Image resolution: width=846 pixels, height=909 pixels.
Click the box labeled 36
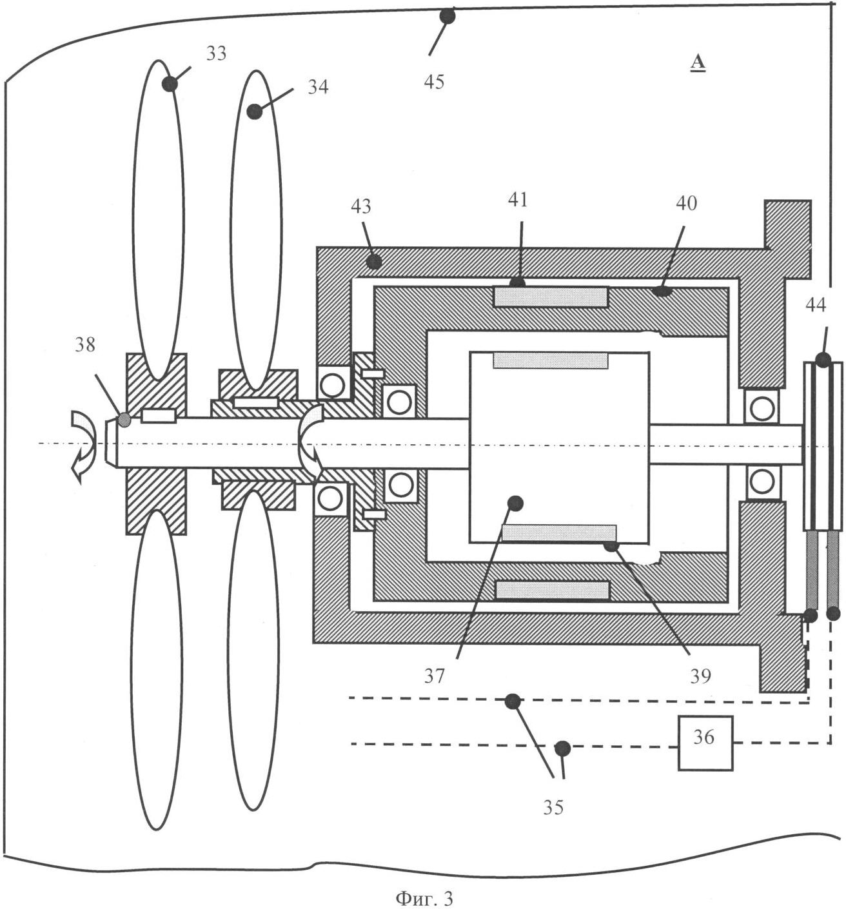click(705, 743)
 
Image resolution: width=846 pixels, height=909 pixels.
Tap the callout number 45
click(434, 82)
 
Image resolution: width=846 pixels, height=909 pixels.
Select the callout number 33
click(216, 54)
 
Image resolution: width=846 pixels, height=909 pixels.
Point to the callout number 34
click(317, 86)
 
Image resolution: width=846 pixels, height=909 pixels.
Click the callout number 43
click(361, 206)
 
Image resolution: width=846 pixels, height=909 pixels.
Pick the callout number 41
click(517, 200)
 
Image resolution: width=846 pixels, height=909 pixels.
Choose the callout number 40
click(686, 203)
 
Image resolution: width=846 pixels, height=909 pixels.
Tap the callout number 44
click(816, 305)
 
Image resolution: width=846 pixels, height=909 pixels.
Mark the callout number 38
click(84, 345)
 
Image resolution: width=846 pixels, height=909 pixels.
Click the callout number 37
click(434, 676)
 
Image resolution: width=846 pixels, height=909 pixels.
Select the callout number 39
click(700, 676)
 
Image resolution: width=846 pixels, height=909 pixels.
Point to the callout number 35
click(553, 807)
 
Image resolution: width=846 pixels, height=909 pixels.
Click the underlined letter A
click(698, 63)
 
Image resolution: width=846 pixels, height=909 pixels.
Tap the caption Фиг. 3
click(424, 898)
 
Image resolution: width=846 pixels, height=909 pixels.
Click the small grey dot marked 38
click(124, 420)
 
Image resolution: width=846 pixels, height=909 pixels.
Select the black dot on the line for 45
click(447, 16)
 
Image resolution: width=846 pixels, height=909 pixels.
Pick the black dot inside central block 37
click(515, 503)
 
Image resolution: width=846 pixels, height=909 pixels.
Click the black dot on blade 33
click(170, 83)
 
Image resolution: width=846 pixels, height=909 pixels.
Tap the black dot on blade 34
click(255, 112)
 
